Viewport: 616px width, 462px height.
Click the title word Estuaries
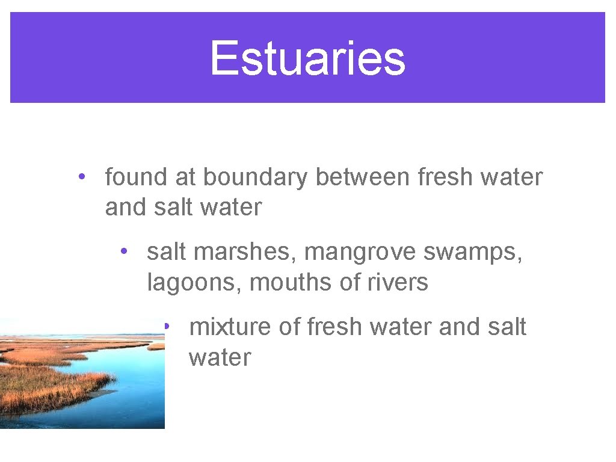307,58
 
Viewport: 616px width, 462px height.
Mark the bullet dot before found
81,177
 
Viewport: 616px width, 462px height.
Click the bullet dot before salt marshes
123,251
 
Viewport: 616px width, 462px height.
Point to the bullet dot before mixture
168,326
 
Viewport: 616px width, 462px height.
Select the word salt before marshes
167,252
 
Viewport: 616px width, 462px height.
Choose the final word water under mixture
220,357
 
